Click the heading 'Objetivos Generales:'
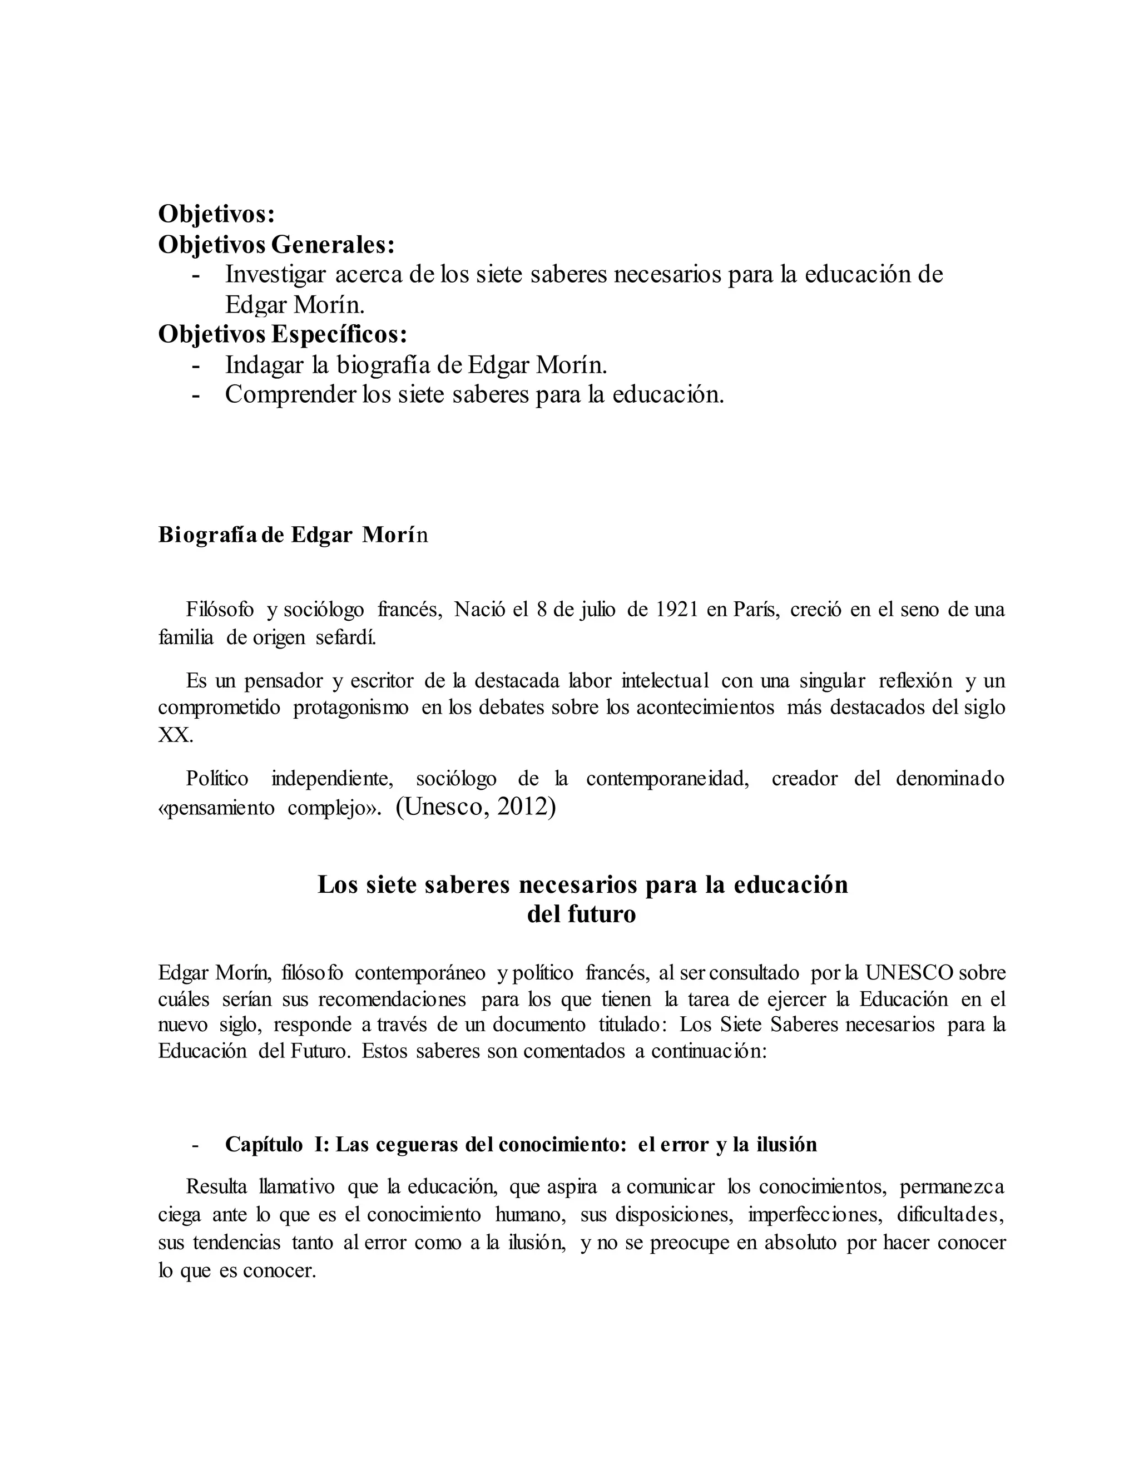point(276,244)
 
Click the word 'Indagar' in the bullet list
point(264,365)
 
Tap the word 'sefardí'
point(346,637)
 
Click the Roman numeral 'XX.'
point(175,735)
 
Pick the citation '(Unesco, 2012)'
point(476,807)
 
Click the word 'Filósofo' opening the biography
point(220,610)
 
